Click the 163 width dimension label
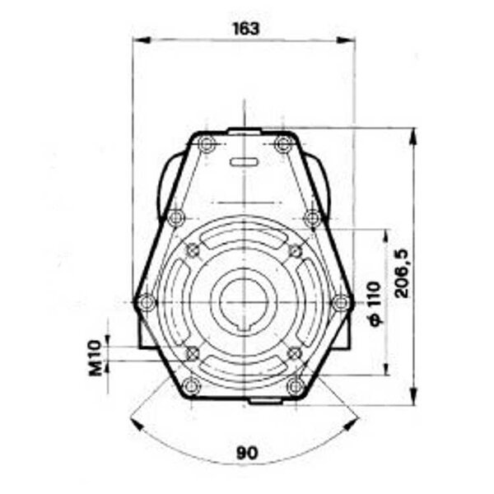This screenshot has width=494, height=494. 246,29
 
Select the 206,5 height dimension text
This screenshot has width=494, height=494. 402,273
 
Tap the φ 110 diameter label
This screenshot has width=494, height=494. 375,304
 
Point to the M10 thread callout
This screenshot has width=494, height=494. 96,358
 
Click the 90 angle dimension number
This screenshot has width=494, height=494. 247,453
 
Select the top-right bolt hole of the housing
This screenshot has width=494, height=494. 283,144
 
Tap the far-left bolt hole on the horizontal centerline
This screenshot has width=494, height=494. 147,302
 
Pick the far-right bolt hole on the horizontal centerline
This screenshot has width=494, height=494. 342,302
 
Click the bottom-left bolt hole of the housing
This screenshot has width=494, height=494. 191,386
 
